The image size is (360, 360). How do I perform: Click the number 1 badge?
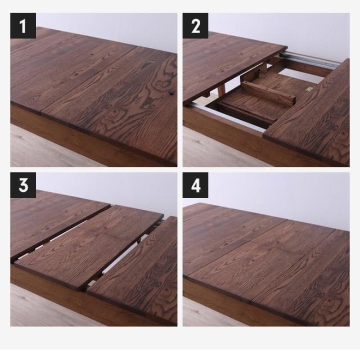[23, 26]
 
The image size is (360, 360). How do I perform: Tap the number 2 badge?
[195, 26]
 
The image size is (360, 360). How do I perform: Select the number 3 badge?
[23, 185]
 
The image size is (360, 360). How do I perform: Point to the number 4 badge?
[195, 185]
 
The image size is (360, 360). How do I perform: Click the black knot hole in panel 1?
[171, 93]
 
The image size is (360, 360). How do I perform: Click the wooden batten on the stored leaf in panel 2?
[268, 93]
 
